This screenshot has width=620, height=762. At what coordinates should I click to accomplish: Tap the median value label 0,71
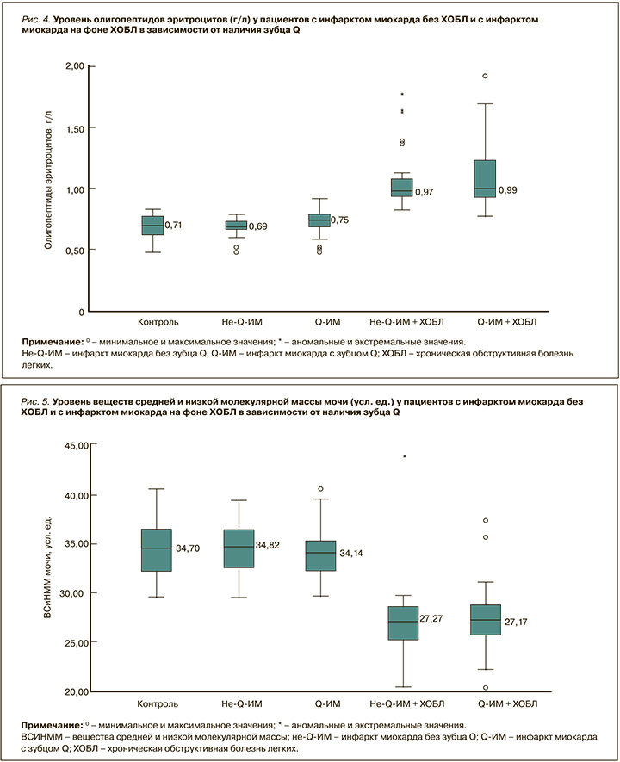pos(175,225)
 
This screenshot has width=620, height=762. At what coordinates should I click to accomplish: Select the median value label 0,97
pos(425,192)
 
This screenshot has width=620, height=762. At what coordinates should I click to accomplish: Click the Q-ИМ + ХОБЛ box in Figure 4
pos(485,178)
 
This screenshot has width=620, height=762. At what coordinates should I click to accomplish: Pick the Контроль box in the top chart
pos(152,224)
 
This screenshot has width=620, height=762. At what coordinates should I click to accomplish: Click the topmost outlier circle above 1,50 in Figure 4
pos(485,76)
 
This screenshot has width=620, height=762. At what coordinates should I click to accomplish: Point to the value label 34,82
pos(270,546)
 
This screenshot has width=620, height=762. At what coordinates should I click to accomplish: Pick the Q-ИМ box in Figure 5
pos(320,555)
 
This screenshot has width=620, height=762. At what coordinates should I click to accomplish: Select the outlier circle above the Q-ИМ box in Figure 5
pos(320,489)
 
